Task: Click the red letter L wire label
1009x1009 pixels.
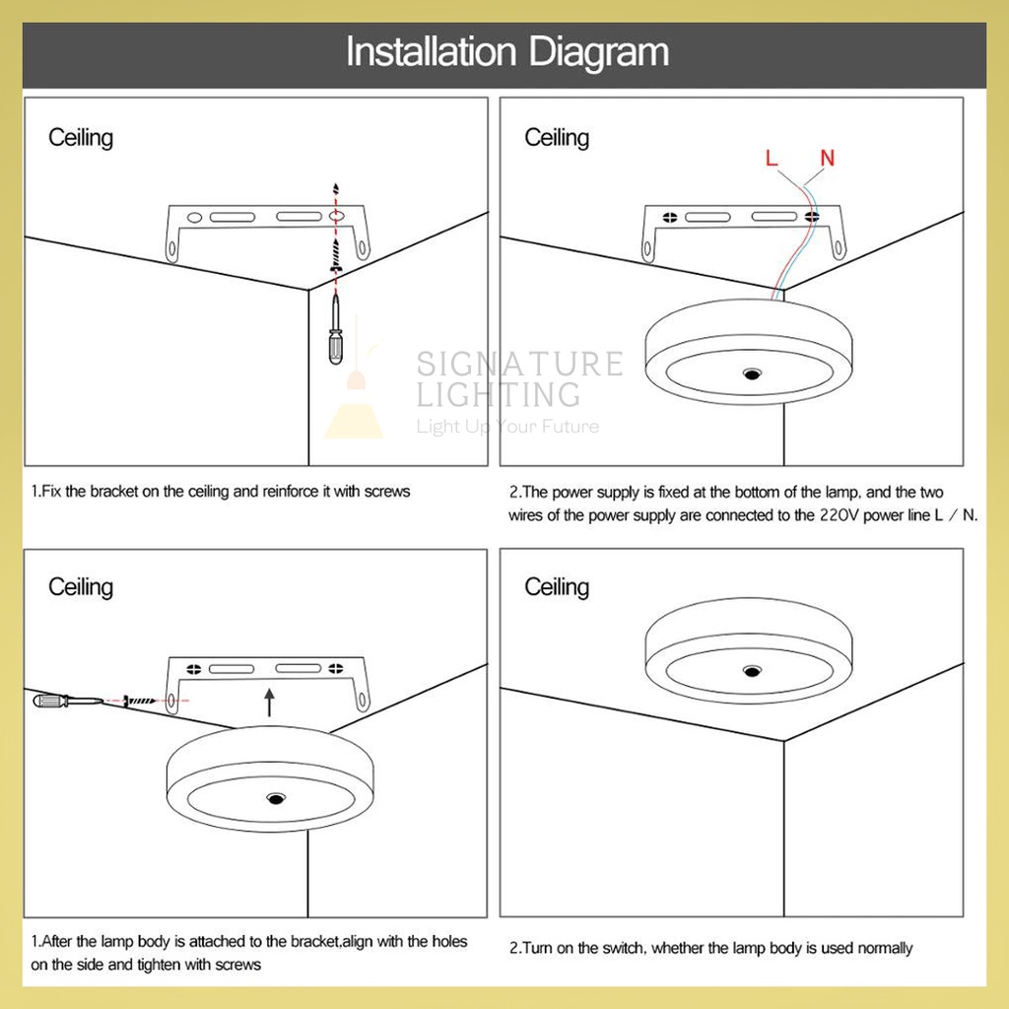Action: click(772, 158)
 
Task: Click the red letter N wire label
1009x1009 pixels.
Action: click(828, 158)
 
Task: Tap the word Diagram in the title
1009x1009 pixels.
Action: click(599, 52)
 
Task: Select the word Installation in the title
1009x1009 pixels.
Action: click(432, 51)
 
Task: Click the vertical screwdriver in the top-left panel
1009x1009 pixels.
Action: click(335, 329)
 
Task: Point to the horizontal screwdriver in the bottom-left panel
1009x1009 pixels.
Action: click(68, 701)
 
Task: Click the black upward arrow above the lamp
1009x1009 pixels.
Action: click(270, 702)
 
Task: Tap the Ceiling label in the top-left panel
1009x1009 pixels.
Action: click(81, 138)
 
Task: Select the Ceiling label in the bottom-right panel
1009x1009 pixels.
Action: click(557, 587)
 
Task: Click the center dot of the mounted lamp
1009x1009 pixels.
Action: click(752, 671)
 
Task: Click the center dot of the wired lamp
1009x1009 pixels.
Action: click(752, 373)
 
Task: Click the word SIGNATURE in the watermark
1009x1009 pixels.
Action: click(519, 364)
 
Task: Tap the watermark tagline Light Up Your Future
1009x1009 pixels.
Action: click(507, 426)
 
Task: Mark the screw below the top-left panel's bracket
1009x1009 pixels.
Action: click(335, 255)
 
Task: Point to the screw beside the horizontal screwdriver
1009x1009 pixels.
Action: click(139, 701)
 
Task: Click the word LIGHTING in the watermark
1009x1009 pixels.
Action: click(498, 394)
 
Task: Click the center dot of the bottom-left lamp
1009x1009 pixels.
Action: click(276, 798)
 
